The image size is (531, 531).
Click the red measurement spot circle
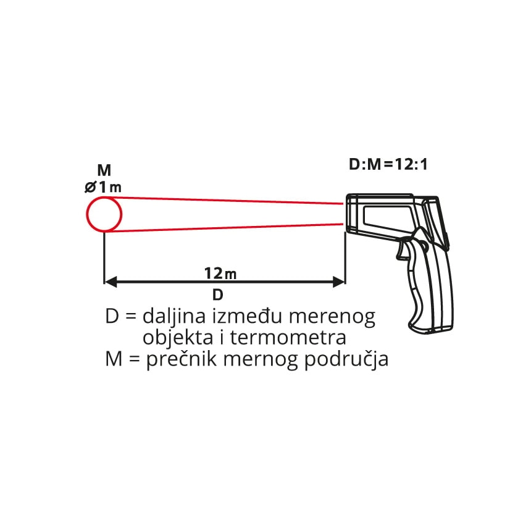(x=86, y=215)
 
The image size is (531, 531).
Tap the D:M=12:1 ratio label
(x=388, y=165)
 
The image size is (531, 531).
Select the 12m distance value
(x=220, y=274)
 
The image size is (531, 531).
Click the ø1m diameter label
(x=103, y=187)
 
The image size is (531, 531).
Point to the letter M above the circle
(x=104, y=170)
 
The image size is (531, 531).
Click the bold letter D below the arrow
(x=218, y=295)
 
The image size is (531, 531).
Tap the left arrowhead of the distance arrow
(x=111, y=282)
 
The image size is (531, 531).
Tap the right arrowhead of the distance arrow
(x=339, y=282)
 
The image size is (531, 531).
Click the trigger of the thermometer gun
(x=403, y=250)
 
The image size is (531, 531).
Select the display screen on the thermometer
(x=389, y=218)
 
